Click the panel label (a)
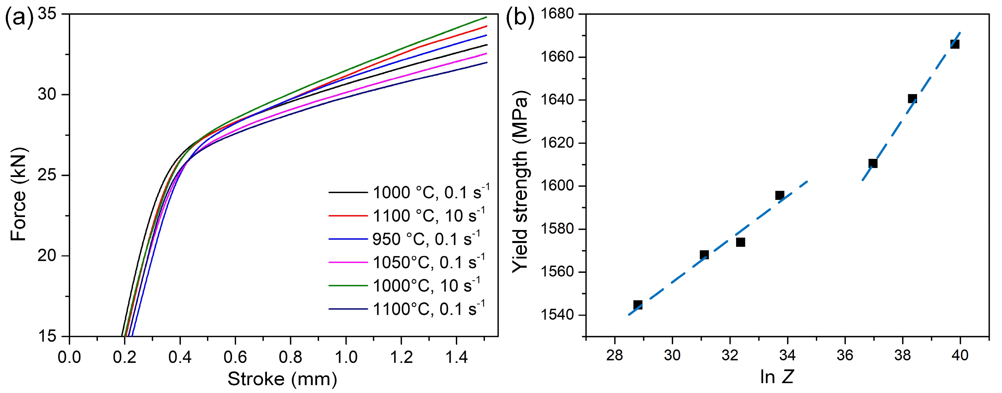coord(19,20)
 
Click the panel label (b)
coord(520,20)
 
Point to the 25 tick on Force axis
coord(47,175)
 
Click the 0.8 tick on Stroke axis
coord(290,356)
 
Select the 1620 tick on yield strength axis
coord(557,143)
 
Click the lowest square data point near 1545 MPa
coord(638,305)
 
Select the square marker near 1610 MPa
coord(873,163)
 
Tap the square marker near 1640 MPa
coord(912,99)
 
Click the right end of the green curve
coord(486,17)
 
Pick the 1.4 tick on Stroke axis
coord(456,356)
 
